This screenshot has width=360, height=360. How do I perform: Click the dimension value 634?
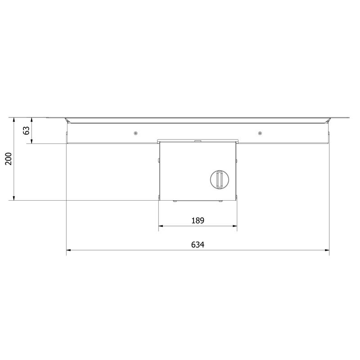click(198, 244)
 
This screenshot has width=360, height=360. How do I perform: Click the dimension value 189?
click(198, 220)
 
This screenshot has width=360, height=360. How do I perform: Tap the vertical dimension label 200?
click(9, 159)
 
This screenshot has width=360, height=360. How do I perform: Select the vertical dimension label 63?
click(27, 130)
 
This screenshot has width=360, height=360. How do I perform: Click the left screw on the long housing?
click(135, 133)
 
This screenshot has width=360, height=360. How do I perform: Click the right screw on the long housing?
click(260, 133)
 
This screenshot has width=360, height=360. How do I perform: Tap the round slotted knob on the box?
click(220, 180)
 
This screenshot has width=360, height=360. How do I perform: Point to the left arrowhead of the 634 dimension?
click(68, 250)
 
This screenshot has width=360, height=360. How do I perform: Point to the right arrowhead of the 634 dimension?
click(327, 250)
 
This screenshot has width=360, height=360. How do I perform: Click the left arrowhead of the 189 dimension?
click(161, 226)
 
